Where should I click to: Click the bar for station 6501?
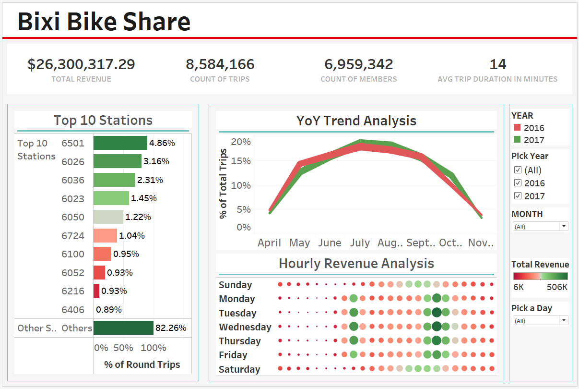(120, 143)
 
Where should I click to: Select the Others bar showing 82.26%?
(123, 328)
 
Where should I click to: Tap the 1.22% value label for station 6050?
(138, 217)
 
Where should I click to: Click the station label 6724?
(73, 236)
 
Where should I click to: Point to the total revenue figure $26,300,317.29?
(81, 64)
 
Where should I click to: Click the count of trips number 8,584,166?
(220, 64)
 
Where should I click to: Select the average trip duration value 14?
(497, 64)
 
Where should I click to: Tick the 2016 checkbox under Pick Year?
(518, 183)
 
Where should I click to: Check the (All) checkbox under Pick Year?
(518, 170)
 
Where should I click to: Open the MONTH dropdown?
(540, 226)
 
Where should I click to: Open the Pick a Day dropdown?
(540, 320)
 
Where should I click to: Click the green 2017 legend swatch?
(517, 140)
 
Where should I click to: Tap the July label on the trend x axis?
(360, 243)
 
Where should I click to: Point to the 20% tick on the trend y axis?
(241, 142)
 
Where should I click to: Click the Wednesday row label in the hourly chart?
(245, 327)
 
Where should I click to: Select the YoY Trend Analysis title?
(356, 121)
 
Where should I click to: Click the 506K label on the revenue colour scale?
(557, 287)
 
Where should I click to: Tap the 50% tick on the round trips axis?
(123, 348)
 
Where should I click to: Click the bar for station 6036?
(114, 180)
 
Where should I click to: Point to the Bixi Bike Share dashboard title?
(104, 22)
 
